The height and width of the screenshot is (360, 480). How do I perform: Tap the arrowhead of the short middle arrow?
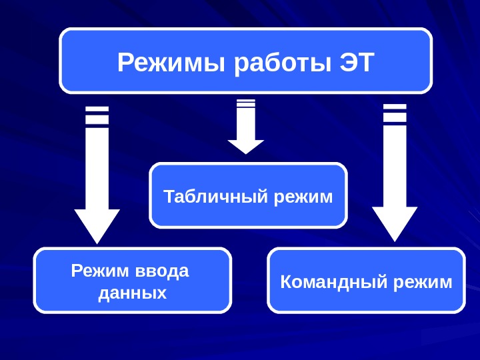[x=246, y=146]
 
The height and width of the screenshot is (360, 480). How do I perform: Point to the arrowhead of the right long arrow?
[x=395, y=223]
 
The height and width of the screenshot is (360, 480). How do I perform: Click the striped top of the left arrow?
[x=97, y=115]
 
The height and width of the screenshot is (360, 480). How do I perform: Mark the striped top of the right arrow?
[x=395, y=113]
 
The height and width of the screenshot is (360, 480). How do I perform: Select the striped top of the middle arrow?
[x=246, y=103]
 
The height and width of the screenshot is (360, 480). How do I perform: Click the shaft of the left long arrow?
[x=97, y=167]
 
